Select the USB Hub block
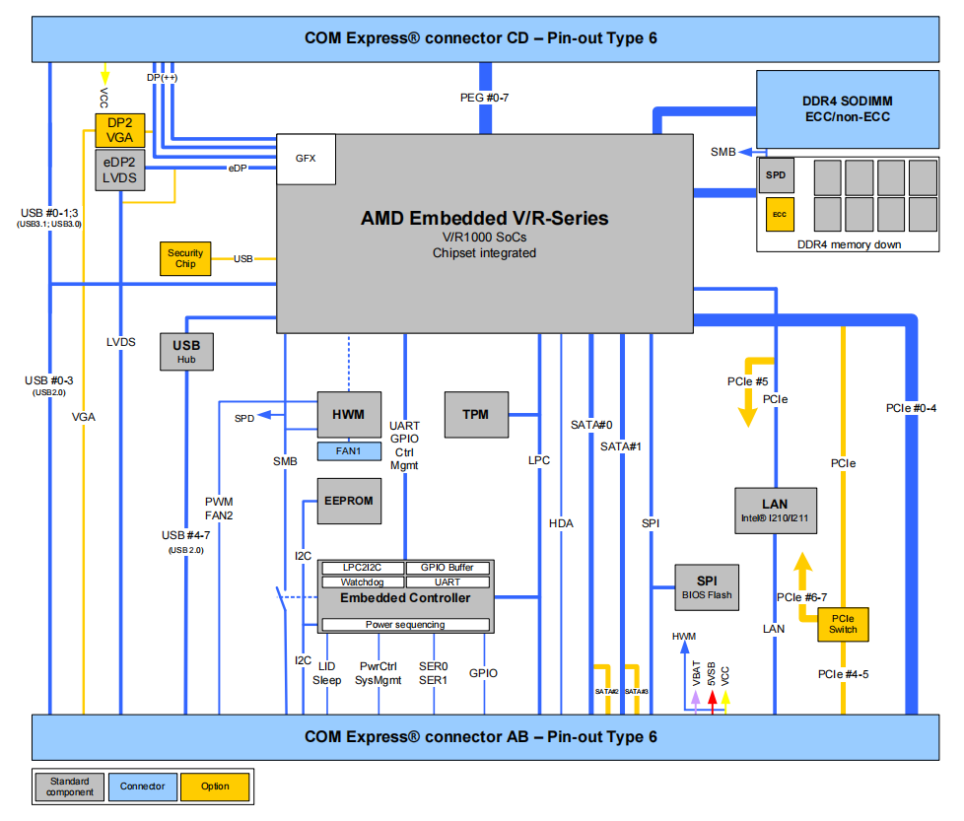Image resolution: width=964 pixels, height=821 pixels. click(186, 352)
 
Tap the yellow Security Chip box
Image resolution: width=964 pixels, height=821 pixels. click(185, 259)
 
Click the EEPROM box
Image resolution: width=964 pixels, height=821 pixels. click(348, 501)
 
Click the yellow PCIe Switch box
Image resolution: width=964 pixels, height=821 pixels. click(843, 624)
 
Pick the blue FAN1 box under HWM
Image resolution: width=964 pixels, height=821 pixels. click(348, 450)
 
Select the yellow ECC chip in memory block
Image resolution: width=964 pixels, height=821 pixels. click(779, 213)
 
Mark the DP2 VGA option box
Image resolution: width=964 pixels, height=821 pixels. click(120, 130)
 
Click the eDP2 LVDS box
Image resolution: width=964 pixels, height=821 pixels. click(120, 170)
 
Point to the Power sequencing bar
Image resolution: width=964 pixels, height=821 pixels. click(405, 624)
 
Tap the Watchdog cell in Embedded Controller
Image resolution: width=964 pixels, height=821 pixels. click(360, 582)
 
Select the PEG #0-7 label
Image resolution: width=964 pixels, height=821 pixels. click(484, 98)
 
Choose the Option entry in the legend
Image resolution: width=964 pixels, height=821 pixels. click(215, 787)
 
